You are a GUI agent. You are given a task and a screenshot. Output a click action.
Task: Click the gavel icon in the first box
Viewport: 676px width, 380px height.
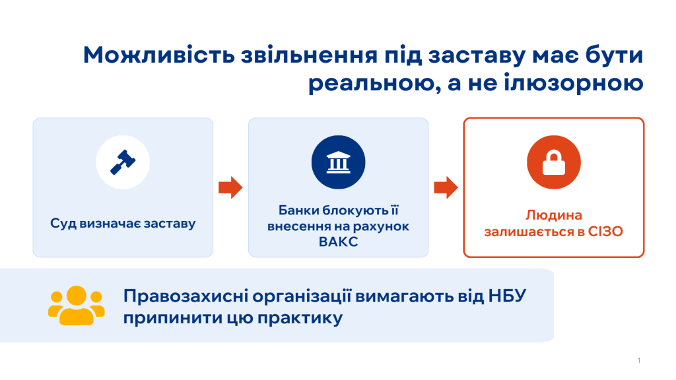coord(123,162)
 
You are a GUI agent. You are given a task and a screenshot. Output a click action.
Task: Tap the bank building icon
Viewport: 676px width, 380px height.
coord(339,162)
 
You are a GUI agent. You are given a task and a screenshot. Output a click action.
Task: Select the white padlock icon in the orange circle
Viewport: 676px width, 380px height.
coord(554,162)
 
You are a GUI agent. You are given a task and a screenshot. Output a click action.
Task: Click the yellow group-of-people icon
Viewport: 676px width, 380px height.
coord(77,305)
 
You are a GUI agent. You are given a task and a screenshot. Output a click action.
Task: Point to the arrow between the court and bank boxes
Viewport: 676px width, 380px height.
coord(230,187)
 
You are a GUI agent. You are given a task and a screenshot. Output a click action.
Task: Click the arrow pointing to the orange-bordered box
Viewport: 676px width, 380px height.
coord(446,187)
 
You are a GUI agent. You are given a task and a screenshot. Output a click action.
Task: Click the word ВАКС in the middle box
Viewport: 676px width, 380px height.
coord(339,241)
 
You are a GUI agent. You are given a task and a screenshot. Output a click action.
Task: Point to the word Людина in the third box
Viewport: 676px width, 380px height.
coord(554,215)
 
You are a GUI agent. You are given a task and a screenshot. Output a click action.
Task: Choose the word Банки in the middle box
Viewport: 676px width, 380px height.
coord(298,210)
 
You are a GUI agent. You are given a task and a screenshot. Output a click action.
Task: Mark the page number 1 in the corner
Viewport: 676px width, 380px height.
coord(639,360)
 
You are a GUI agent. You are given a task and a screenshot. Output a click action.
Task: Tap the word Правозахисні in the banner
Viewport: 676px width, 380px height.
coord(186,296)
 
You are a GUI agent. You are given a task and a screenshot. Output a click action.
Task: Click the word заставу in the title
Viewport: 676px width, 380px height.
coord(477,55)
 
